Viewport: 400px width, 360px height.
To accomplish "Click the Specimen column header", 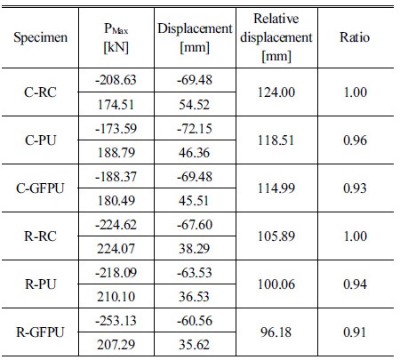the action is [x=40, y=37].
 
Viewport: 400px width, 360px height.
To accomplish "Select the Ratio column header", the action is [x=355, y=37].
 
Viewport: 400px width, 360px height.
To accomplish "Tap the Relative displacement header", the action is [x=276, y=37].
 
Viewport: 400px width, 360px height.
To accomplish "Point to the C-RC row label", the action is [x=40, y=92].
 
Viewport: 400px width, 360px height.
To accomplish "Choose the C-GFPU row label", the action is [x=40, y=188].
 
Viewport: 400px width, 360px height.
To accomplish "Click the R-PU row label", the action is [x=40, y=284].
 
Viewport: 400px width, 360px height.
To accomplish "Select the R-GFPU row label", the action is [x=40, y=332].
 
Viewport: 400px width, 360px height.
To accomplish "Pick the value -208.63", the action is [x=116, y=80].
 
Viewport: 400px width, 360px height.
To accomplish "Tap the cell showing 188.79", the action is [x=116, y=153].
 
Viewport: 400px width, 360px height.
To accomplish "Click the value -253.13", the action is [x=116, y=321].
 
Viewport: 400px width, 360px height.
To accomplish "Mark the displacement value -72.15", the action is [x=195, y=129].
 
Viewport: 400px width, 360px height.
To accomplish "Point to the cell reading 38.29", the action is [x=194, y=249].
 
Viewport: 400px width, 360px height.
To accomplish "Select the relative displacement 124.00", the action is [x=276, y=92].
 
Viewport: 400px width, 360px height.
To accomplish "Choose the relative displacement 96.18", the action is [x=276, y=332].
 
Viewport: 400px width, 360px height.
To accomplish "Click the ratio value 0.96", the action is [x=355, y=140].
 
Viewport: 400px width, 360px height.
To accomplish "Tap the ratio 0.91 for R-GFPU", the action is [x=355, y=332].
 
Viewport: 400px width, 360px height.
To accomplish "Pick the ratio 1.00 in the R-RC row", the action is [x=356, y=236].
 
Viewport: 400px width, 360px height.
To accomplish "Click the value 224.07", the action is [x=116, y=249].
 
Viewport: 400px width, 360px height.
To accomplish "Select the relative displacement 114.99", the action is [x=276, y=188].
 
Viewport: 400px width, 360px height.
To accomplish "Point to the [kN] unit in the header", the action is [x=116, y=47].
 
